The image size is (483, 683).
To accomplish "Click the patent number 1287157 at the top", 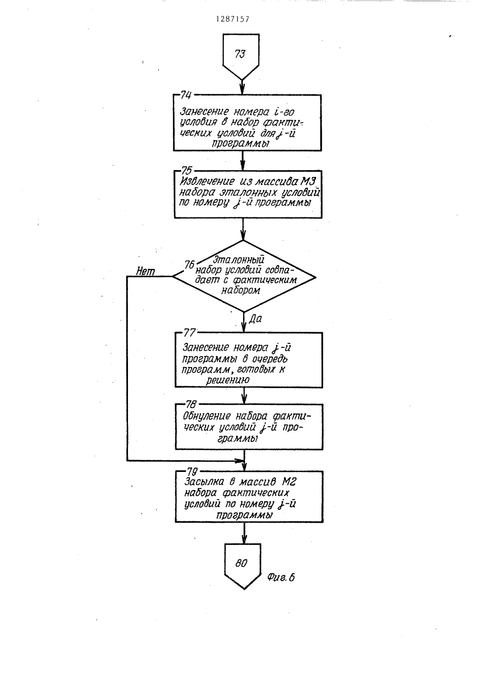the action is [233, 19].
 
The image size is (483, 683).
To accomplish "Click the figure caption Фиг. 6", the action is [281, 577].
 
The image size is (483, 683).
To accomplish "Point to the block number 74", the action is [185, 95].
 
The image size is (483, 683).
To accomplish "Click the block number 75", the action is [186, 170].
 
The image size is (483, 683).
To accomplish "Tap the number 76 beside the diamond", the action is [189, 265].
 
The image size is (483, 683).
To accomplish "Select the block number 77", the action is [189, 333].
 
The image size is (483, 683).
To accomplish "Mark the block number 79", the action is [192, 471].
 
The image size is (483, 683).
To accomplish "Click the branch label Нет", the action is [145, 271].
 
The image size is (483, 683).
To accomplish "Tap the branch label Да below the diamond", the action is [256, 319].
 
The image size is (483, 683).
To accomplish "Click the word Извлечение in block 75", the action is [207, 182].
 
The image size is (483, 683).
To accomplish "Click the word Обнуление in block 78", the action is [208, 416].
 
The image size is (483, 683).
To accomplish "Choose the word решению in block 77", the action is [228, 380].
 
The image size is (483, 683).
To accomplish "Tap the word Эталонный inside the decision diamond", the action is [238, 260].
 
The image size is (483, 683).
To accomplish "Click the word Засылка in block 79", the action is [204, 482].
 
